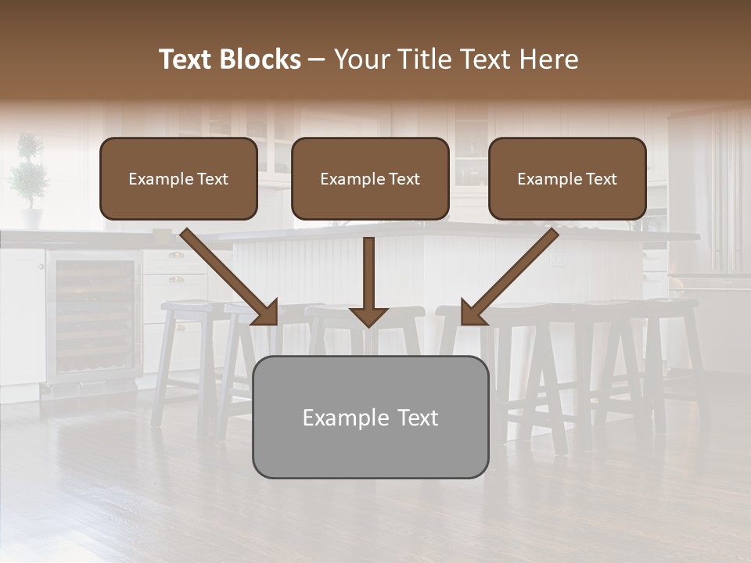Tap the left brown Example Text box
(x=178, y=178)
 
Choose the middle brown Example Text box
(x=370, y=178)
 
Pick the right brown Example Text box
(x=567, y=178)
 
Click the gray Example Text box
(x=370, y=417)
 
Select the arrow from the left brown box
(x=227, y=274)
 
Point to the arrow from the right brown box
(x=512, y=274)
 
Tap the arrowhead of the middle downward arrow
(x=369, y=316)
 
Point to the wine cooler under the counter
(x=92, y=317)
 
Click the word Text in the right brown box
(x=601, y=178)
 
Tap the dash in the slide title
(x=317, y=59)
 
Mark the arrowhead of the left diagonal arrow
(x=266, y=313)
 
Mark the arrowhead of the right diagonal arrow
(x=473, y=313)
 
